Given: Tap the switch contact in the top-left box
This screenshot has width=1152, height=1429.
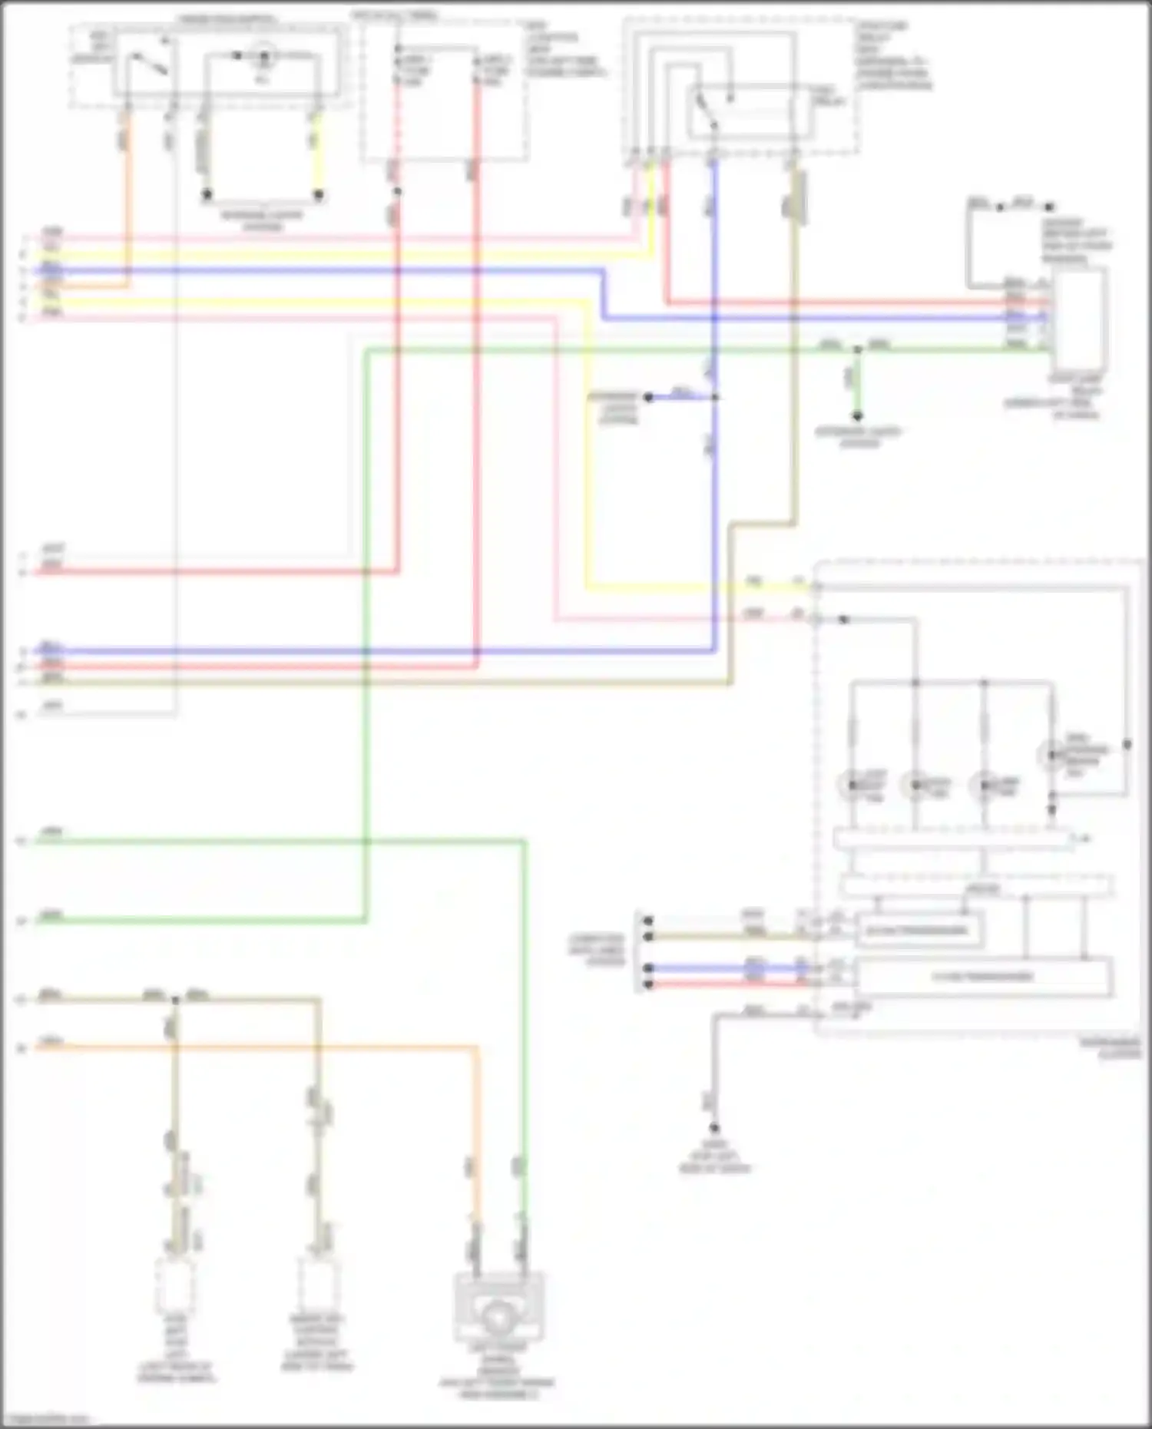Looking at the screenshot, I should pyautogui.click(x=151, y=65).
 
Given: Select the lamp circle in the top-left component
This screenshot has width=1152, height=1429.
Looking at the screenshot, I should pyautogui.click(x=263, y=56).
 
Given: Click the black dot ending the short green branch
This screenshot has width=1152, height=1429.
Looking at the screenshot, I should pyautogui.click(x=858, y=415).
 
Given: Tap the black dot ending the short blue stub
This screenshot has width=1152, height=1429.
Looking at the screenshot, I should pyautogui.click(x=649, y=397).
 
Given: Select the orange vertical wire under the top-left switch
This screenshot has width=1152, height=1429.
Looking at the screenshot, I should pyautogui.click(x=127, y=200).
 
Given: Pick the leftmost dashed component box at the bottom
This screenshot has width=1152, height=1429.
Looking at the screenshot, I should pyautogui.click(x=174, y=1286).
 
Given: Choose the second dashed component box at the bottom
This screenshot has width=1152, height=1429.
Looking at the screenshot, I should pyautogui.click(x=317, y=1286).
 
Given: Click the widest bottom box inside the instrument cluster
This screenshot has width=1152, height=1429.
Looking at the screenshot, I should pyautogui.click(x=983, y=977).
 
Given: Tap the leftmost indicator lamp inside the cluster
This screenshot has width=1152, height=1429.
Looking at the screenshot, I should pyautogui.click(x=851, y=786).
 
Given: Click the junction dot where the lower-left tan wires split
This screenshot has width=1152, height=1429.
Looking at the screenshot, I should pyautogui.click(x=175, y=1000).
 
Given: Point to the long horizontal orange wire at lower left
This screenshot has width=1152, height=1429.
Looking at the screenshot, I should pyautogui.click(x=253, y=1046).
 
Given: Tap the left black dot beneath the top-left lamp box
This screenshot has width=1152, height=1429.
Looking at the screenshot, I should pyautogui.click(x=207, y=195).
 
